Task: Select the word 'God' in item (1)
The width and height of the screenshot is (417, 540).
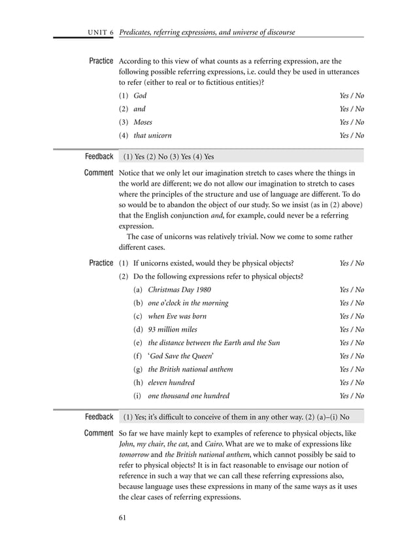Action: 140,95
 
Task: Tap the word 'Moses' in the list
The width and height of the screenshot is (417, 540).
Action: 144,122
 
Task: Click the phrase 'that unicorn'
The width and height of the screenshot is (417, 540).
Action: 152,135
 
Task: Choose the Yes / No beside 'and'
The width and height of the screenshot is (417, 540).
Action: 352,109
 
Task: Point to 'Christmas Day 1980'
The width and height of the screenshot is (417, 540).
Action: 179,290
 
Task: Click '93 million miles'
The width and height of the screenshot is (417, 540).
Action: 173,329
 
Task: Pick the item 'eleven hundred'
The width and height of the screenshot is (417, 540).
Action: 171,382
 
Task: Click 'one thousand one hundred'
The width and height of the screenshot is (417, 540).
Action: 188,396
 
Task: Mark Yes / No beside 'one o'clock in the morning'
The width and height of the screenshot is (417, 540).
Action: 352,303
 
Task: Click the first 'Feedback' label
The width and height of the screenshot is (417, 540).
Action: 99,157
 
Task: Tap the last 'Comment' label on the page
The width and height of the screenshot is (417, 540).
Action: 99,433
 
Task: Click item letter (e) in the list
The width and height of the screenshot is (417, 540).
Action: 138,343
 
